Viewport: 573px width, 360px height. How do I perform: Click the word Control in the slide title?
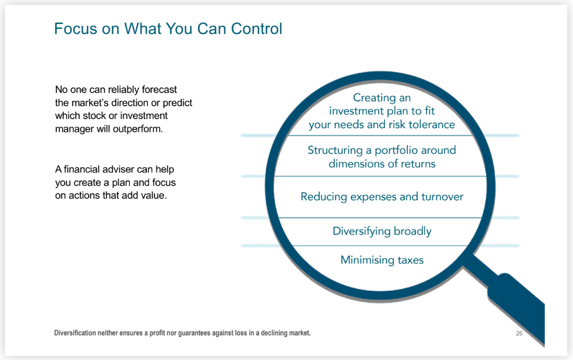coord(255,28)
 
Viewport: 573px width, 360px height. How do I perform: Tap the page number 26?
coord(519,333)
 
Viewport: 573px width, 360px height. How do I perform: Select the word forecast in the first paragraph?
coord(159,90)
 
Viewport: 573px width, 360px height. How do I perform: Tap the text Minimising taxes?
coord(382,260)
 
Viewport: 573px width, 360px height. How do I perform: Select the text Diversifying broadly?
coord(382,231)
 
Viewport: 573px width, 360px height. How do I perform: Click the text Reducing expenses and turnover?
coord(382,197)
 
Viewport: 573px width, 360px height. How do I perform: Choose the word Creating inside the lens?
coord(374,98)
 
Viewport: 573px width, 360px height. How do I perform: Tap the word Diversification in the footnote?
coord(75,333)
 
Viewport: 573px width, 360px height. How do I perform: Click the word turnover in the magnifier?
coord(442,197)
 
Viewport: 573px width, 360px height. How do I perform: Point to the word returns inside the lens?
coord(417,163)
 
